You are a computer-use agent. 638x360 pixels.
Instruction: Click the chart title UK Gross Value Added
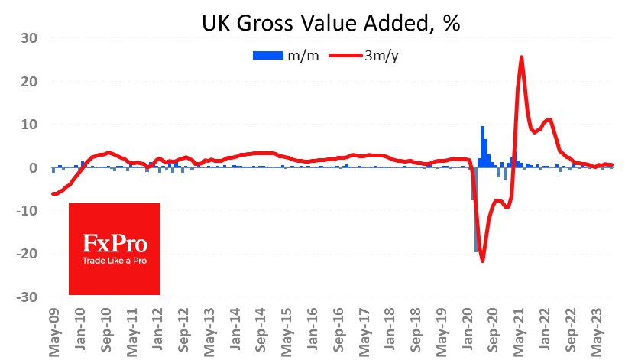point(330,23)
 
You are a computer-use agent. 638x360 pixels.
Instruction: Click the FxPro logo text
point(115,244)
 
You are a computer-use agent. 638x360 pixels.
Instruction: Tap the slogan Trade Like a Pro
point(115,261)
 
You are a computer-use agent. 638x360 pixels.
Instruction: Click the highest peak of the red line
point(521,57)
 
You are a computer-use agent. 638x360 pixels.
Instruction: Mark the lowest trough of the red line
point(482,261)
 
